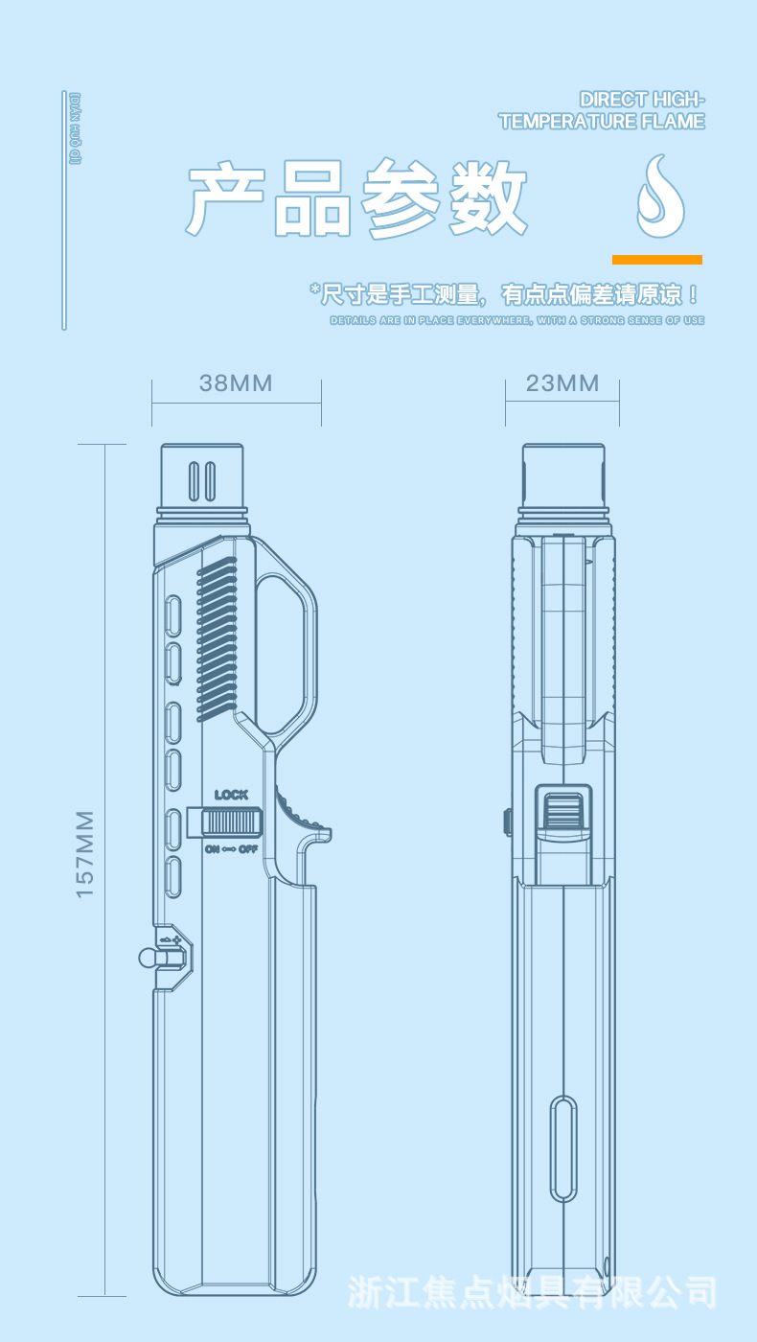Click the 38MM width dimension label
[236, 383]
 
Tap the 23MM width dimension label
[562, 383]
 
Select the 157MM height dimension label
[85, 853]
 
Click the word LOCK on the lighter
[231, 795]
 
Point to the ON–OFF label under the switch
[231, 848]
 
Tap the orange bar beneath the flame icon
[657, 260]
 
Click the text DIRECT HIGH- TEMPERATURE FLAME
[602, 110]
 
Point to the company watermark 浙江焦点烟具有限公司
[532, 1291]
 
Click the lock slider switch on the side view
[230, 822]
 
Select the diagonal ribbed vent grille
[217, 638]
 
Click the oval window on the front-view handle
[563, 1148]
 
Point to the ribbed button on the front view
[563, 810]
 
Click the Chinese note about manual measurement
[505, 294]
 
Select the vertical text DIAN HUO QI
[75, 129]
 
